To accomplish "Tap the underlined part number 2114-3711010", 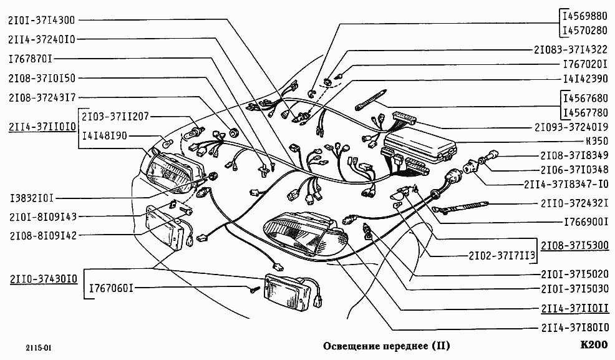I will click(42, 127).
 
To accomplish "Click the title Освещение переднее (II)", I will click(386, 346).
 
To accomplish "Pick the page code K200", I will click(593, 345).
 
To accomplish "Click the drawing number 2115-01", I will click(29, 348).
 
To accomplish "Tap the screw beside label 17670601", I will click(254, 289).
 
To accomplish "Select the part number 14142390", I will click(584, 79).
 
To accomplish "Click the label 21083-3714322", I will click(571, 49).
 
